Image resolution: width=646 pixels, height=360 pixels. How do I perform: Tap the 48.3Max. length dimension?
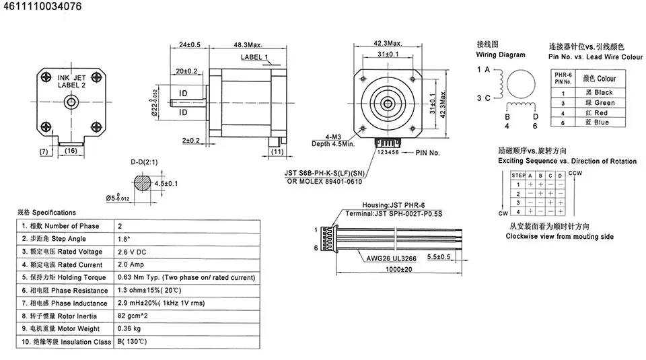tap(248, 44)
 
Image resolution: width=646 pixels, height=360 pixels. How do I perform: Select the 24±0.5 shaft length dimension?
tap(190, 44)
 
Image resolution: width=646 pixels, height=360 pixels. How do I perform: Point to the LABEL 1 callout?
tap(254, 57)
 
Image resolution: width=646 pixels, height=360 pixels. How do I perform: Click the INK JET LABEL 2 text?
tap(71, 81)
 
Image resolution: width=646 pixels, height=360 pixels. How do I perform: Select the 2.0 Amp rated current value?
tap(131, 264)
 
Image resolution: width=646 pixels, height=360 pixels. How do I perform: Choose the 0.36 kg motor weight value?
tap(129, 328)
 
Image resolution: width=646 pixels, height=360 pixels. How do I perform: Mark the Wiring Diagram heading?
tap(501, 55)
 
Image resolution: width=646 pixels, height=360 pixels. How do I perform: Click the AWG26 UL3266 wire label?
tap(392, 257)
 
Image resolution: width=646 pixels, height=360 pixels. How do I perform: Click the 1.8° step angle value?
tap(123, 239)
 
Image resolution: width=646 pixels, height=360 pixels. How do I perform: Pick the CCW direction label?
tap(576, 173)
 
